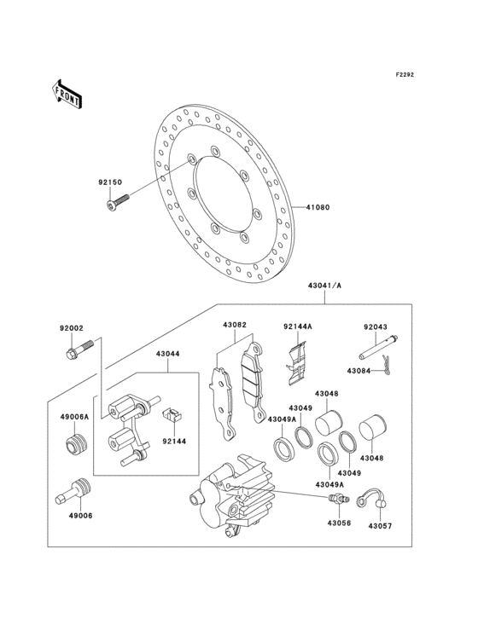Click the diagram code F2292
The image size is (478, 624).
[404, 75]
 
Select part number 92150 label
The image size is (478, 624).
[110, 182]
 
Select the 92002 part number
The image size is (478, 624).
[71, 327]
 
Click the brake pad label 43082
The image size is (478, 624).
[235, 325]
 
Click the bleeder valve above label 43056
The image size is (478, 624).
[331, 497]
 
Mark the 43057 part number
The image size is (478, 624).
[381, 527]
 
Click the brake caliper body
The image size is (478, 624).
[229, 494]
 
